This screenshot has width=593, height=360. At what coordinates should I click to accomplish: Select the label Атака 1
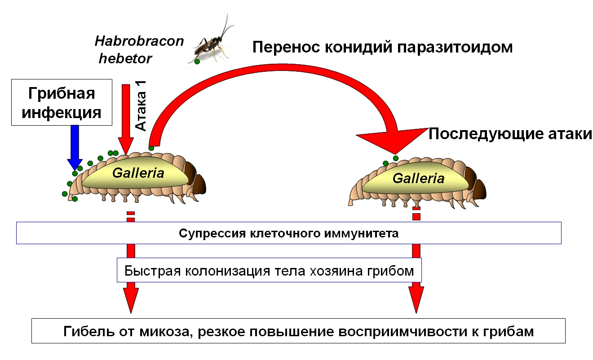pyautogui.click(x=142, y=108)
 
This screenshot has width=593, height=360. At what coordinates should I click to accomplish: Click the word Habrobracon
pyautogui.click(x=139, y=41)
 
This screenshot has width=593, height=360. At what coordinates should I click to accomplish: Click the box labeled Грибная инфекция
pyautogui.click(x=62, y=102)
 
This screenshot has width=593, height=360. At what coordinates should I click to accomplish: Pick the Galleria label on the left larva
pyautogui.click(x=138, y=173)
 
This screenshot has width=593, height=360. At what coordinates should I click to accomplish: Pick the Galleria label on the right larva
pyautogui.click(x=418, y=178)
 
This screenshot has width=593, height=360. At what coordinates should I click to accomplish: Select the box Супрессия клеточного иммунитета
pyautogui.click(x=289, y=233)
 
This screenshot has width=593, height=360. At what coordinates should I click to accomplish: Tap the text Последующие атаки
pyautogui.click(x=510, y=134)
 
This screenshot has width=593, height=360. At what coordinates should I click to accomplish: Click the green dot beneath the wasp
pyautogui.click(x=197, y=61)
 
